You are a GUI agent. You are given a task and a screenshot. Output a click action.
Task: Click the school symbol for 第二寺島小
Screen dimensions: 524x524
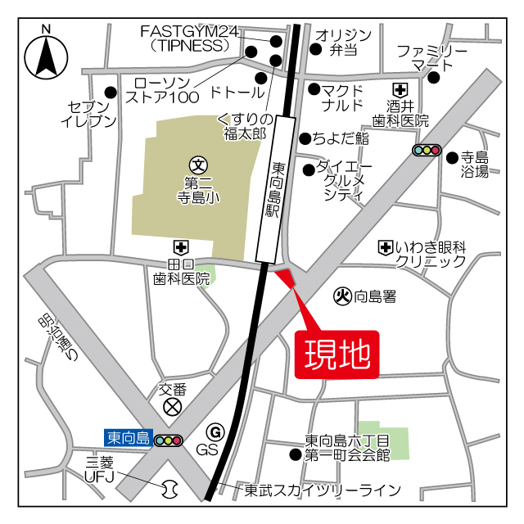(x=197, y=164)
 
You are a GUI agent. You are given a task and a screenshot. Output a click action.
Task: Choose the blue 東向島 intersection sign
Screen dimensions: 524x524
(x=127, y=438)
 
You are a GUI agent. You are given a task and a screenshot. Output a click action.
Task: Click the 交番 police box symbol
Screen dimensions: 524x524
(x=172, y=406)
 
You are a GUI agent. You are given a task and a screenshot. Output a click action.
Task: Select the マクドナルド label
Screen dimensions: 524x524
(x=341, y=97)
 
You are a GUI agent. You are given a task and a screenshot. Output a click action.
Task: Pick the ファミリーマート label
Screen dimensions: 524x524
(x=431, y=57)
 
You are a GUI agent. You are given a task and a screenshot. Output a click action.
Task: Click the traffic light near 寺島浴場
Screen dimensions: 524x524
(x=427, y=150)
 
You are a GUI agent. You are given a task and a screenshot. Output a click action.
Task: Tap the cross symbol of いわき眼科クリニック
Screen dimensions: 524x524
(x=385, y=246)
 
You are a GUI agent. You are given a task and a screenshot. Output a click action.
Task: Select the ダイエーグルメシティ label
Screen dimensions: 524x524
(x=344, y=179)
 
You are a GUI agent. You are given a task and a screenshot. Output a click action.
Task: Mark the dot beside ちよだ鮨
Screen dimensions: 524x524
(x=305, y=138)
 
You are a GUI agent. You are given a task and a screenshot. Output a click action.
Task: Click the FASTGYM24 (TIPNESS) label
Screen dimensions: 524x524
(x=189, y=38)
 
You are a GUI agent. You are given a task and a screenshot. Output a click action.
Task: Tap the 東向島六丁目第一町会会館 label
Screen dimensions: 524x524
(x=347, y=446)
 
